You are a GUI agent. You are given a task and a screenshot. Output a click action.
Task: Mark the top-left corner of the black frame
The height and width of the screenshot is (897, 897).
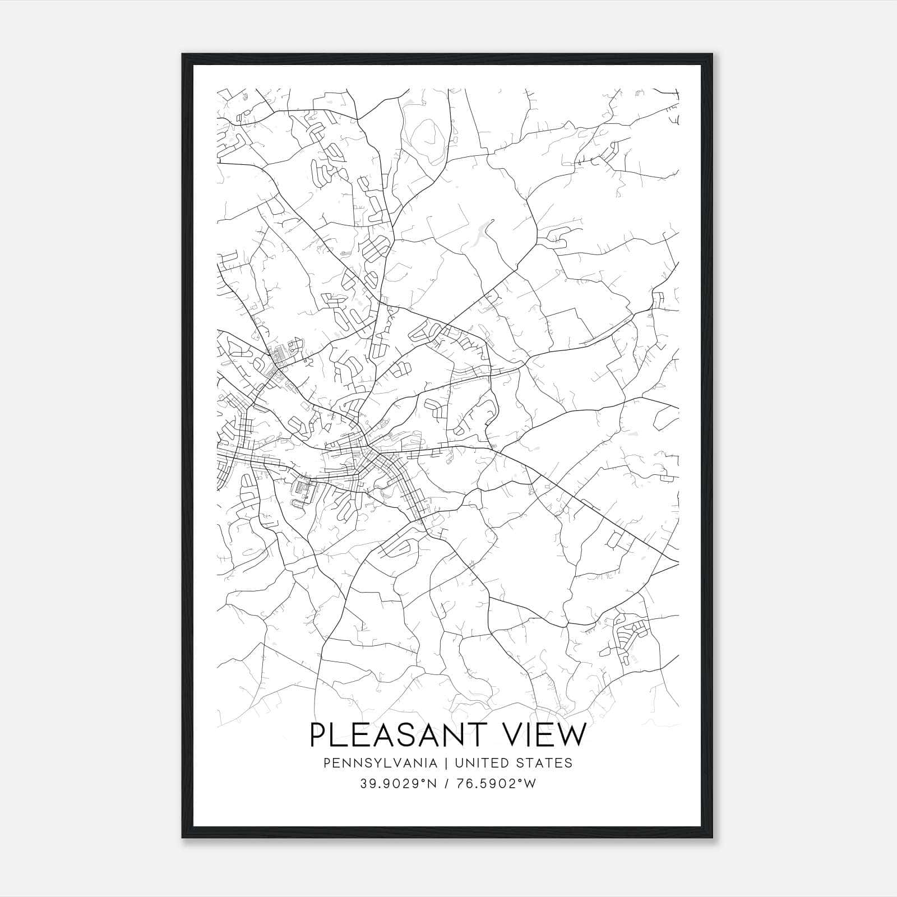[183, 54]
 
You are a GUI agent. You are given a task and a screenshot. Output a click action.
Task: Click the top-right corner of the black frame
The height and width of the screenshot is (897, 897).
[713, 54]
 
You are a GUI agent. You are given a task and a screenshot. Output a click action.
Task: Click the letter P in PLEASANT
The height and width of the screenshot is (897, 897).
[319, 734]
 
